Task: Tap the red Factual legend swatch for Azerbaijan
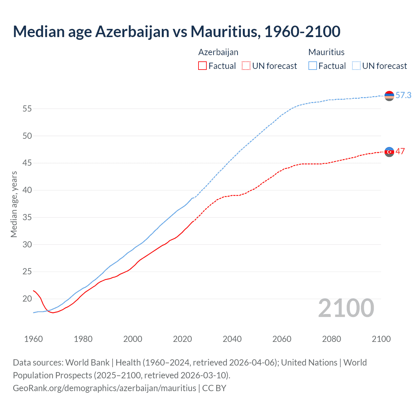(202, 66)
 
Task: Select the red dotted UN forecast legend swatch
(246, 66)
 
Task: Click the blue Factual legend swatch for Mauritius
(313, 66)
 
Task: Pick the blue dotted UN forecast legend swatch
(356, 66)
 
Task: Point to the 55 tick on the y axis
(27, 109)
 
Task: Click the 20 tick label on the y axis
(27, 299)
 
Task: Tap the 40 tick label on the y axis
(27, 190)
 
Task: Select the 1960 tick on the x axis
(33, 339)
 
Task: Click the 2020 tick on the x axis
(182, 339)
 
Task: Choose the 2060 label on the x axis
(282, 339)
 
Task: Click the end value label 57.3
(403, 95)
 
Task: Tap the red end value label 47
(400, 151)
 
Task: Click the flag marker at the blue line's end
(389, 96)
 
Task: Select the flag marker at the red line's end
(389, 152)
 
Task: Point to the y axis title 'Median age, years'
(14, 204)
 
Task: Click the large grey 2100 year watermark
(346, 308)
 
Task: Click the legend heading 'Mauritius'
(326, 52)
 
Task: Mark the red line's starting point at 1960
(33, 290)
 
